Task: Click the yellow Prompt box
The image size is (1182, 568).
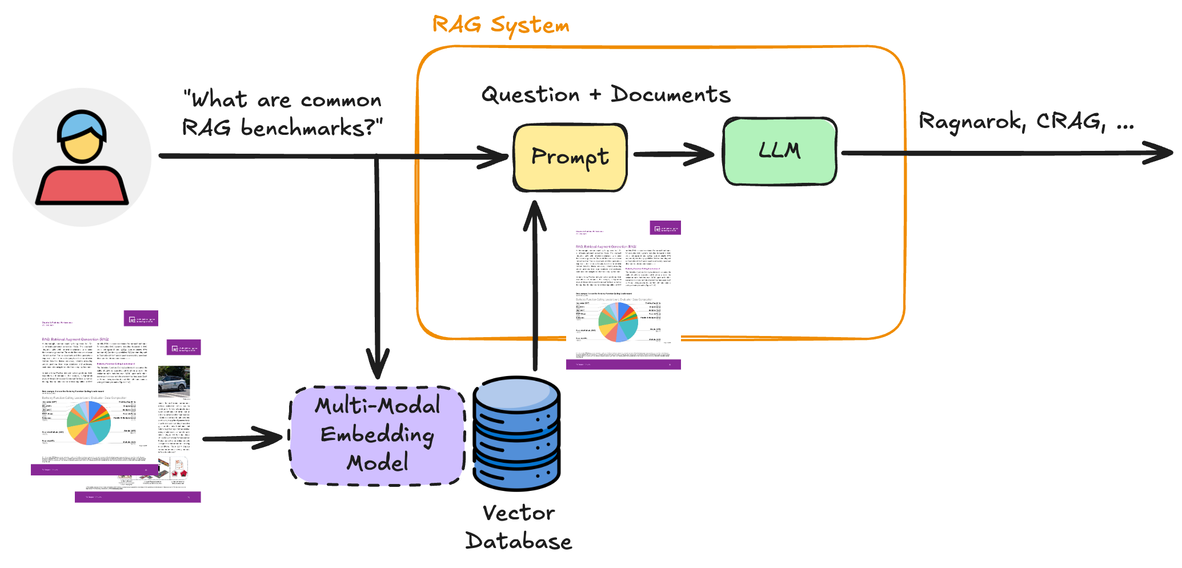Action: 570,157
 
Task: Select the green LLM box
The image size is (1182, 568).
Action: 780,151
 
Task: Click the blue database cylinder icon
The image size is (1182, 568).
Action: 516,434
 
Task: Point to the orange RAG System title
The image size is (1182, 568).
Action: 500,25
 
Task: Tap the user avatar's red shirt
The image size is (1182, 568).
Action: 82,186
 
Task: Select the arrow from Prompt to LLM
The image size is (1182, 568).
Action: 674,154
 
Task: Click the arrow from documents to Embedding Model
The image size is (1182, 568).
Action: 243,439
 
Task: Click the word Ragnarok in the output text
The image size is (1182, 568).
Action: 971,122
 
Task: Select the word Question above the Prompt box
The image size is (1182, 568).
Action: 530,95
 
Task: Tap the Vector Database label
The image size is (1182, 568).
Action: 519,527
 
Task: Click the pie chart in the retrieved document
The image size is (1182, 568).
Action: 618,322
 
